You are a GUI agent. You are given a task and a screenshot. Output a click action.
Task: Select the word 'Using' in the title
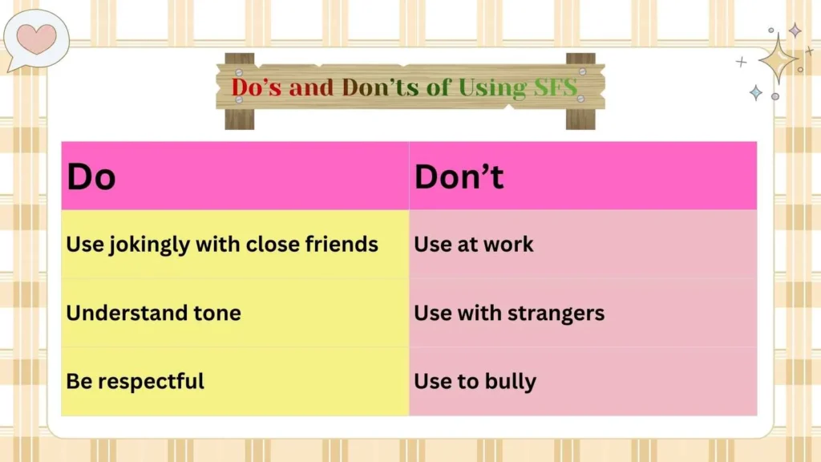[482, 87]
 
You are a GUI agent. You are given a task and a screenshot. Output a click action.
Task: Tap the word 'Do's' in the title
[257, 87]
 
